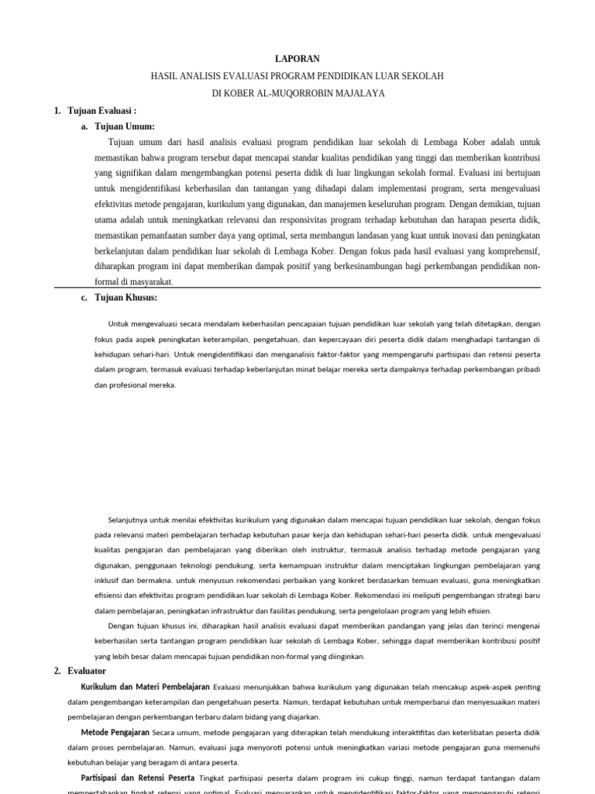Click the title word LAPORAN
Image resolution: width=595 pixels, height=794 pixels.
297,59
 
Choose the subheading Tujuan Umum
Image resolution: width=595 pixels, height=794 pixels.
125,126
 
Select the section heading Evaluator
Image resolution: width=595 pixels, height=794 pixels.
87,671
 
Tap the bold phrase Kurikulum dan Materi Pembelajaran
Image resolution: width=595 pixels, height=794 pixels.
146,687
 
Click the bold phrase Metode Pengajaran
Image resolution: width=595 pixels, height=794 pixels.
115,732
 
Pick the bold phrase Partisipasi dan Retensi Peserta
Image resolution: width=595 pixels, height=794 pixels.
138,777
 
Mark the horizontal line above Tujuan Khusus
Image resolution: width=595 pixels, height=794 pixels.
297,288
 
